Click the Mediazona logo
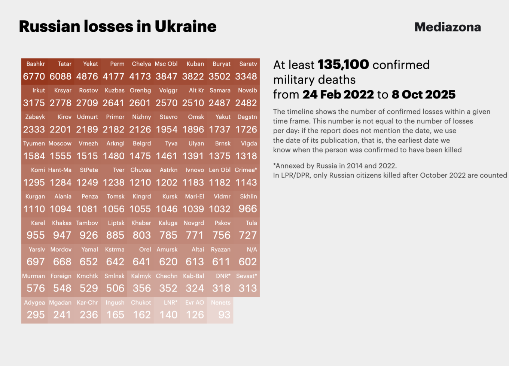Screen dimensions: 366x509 (448, 27)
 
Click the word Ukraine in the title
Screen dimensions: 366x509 (185, 27)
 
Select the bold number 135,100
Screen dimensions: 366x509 (343, 64)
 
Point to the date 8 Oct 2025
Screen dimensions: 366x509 (423, 94)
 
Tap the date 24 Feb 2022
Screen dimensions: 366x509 (338, 94)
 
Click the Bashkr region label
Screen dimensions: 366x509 (36, 64)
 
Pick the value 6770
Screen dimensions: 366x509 (34, 76)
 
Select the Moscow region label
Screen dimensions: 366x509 (60, 143)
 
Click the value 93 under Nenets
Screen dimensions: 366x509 (224, 315)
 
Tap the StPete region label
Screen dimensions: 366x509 (89, 170)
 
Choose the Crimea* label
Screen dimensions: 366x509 (246, 170)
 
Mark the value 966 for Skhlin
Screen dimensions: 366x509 (248, 209)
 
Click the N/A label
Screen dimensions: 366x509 (252, 250)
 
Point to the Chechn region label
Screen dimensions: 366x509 (167, 276)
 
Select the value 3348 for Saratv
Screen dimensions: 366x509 (246, 76)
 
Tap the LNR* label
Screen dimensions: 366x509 (171, 303)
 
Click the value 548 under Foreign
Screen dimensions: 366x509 (62, 289)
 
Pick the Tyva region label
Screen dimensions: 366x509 (171, 143)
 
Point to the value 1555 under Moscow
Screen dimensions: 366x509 (61, 156)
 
